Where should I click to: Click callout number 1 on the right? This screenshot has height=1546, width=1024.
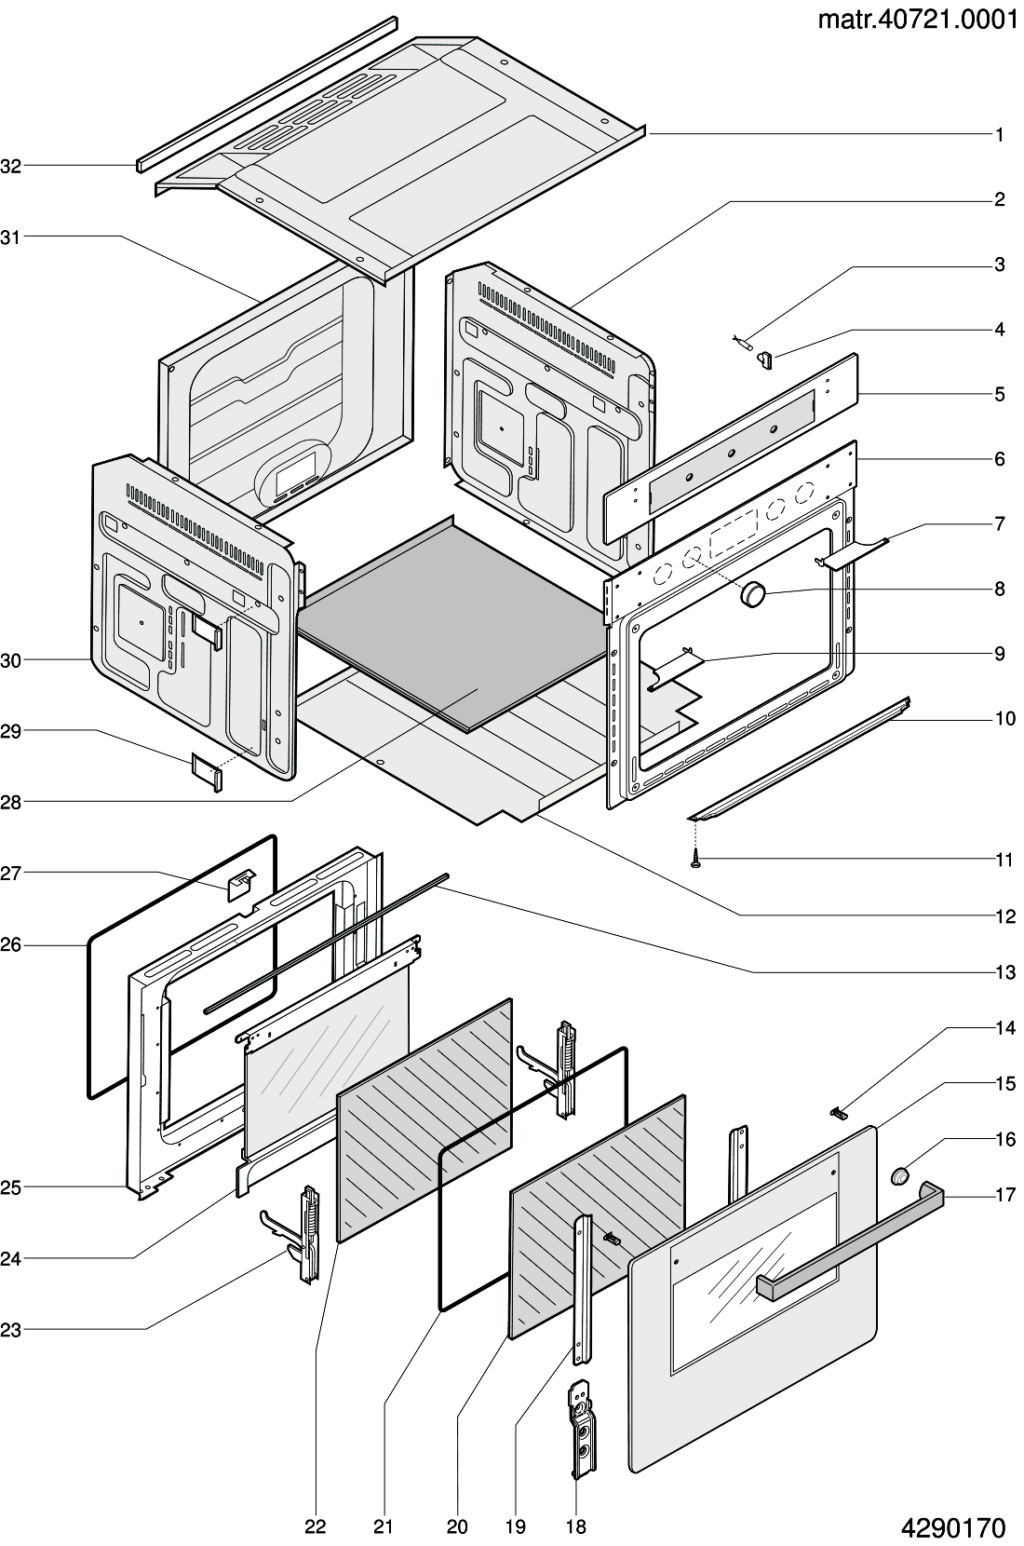tap(1000, 135)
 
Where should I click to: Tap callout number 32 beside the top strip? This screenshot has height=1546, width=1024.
tap(11, 167)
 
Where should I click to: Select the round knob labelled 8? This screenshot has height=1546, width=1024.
tap(754, 593)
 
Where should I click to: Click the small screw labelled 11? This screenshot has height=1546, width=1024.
tap(695, 860)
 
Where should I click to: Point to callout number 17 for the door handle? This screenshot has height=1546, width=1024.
tap(1005, 1194)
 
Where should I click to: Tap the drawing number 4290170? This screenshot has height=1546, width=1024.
tap(953, 1527)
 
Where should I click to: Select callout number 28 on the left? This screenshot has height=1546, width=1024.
tap(11, 802)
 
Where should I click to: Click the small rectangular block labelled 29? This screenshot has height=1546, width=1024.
tap(207, 772)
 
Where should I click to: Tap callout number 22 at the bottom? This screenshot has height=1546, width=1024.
tap(316, 1526)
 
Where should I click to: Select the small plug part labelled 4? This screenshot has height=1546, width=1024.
tap(764, 360)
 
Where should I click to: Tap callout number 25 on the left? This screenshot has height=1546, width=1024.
tap(11, 1187)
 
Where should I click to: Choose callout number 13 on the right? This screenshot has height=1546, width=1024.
tap(1005, 972)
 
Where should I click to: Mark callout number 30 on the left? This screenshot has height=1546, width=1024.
tap(11, 660)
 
